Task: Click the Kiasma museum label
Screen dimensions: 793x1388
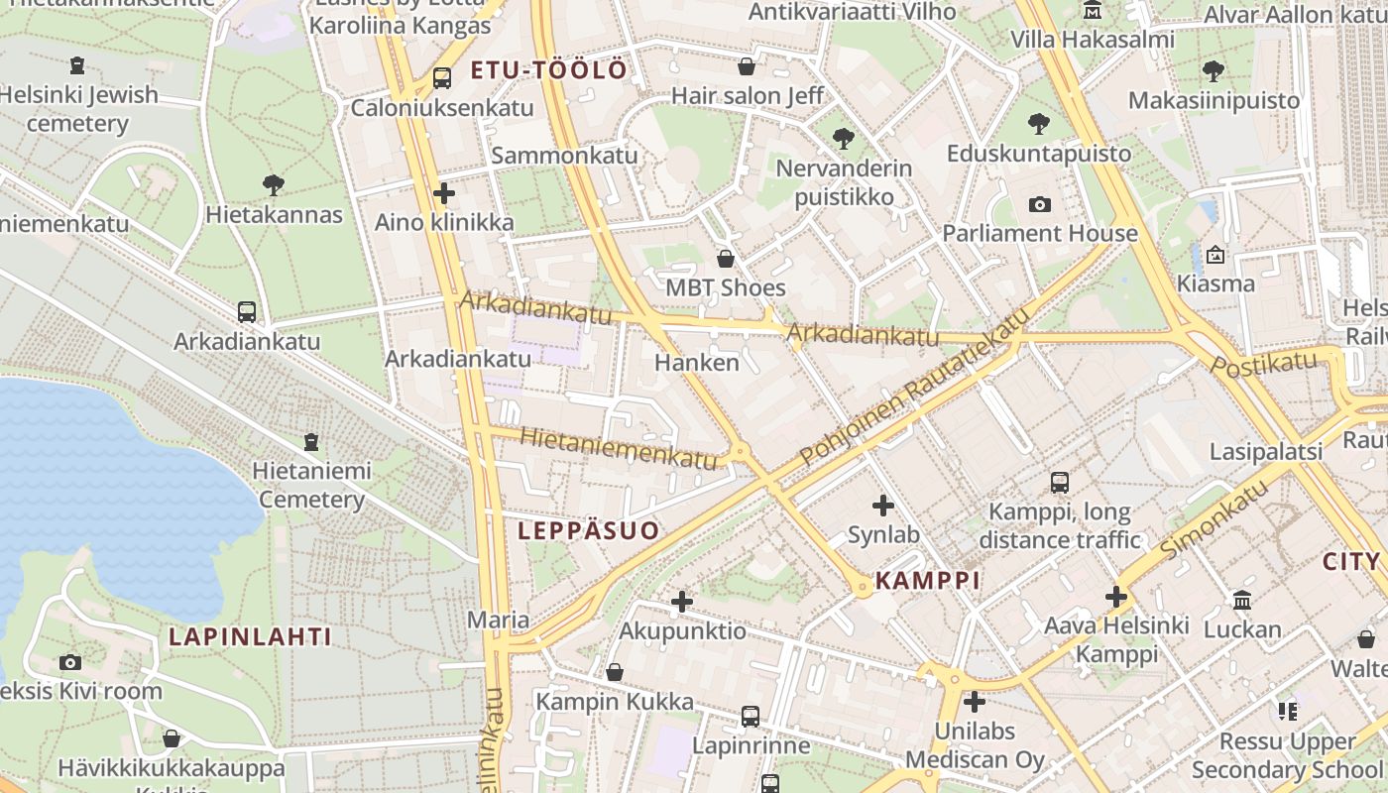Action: [1215, 283]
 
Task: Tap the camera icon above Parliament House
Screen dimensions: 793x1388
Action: [1039, 204]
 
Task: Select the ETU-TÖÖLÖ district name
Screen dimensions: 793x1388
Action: [548, 70]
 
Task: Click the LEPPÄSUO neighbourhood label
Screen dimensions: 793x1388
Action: [588, 530]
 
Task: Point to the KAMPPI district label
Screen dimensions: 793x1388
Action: [928, 581]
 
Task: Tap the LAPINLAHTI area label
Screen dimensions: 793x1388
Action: [250, 636]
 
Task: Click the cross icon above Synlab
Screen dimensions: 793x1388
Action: [882, 506]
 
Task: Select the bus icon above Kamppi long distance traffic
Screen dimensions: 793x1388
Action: [1059, 483]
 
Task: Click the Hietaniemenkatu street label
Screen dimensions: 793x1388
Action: [617, 448]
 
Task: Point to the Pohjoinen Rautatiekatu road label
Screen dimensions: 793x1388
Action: [915, 387]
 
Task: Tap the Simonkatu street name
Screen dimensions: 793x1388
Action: [1214, 519]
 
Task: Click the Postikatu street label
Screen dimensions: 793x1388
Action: [1263, 362]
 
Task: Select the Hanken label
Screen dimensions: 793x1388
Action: [697, 363]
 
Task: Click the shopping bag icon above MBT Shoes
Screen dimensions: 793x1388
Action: [726, 259]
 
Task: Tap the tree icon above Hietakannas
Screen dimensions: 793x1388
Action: [274, 184]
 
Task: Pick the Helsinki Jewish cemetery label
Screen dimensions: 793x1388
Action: [78, 109]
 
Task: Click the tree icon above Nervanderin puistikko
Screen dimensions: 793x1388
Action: [843, 138]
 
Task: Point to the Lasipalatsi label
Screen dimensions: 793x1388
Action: [1266, 452]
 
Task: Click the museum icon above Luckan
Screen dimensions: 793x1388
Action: [1242, 600]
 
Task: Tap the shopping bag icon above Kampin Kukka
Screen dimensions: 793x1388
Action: [615, 672]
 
